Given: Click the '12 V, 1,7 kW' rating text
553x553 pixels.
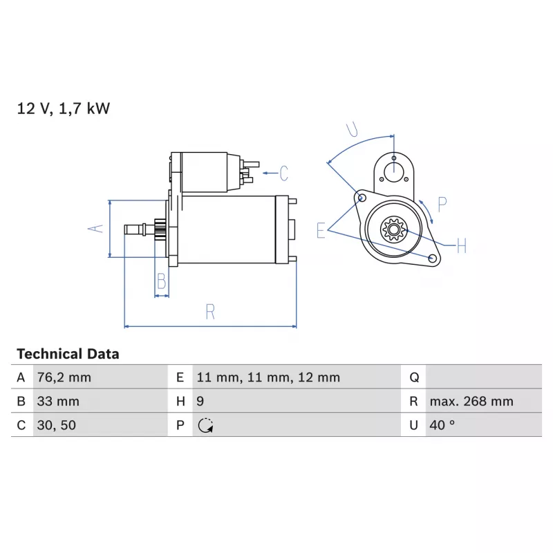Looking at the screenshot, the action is (x=64, y=109).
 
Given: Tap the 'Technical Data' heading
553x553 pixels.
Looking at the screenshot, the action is (x=68, y=354).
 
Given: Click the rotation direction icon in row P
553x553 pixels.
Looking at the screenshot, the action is (x=205, y=425).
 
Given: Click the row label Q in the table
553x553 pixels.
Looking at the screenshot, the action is (x=414, y=377).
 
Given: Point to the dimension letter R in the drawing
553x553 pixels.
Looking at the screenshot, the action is (x=210, y=312).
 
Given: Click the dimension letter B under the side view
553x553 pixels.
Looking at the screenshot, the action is (x=162, y=281).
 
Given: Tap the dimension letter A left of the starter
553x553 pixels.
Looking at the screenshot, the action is (x=95, y=229).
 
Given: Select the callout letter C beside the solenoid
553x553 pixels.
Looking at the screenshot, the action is (x=284, y=174).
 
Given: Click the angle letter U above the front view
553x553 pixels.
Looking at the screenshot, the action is (x=352, y=129).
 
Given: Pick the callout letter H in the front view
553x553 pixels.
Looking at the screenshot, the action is (x=462, y=246).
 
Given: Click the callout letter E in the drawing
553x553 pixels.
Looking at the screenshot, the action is (x=321, y=231).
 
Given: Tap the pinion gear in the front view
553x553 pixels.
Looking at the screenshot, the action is (x=394, y=229).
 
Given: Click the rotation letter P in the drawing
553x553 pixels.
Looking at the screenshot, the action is (x=442, y=205).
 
